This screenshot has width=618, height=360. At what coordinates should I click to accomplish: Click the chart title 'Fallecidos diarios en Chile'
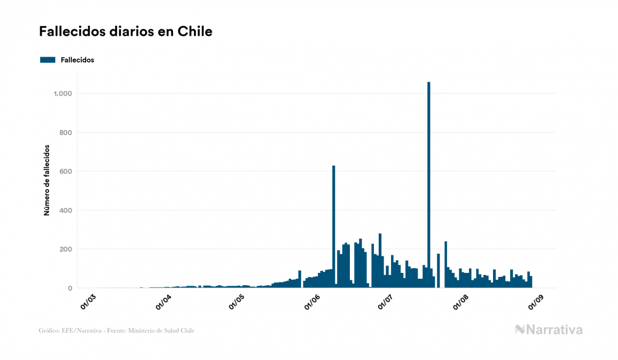pos(126,32)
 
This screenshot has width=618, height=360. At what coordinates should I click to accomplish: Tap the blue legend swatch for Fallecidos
pos(48,60)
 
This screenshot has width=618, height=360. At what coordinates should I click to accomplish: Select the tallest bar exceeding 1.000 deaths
pos(429,187)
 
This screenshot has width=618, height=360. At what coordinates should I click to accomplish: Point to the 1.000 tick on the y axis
pos(63,93)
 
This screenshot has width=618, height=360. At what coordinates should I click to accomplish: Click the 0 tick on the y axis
pos(70,288)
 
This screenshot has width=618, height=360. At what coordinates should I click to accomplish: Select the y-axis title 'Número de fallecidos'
pos(46,180)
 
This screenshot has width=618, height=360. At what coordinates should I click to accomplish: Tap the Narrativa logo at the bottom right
pos(549,330)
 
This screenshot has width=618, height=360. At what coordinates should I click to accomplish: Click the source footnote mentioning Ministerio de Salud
pos(116,331)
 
